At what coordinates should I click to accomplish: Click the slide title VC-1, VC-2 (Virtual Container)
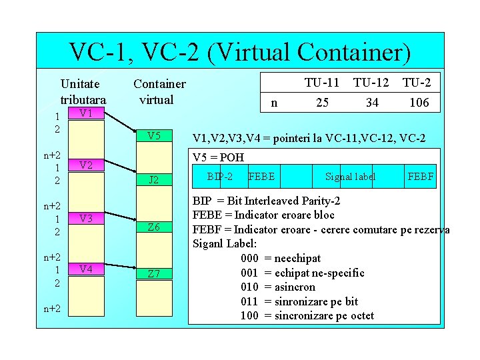click(240, 51)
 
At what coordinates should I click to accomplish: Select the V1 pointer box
click(85, 113)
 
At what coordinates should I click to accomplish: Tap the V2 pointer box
click(85, 165)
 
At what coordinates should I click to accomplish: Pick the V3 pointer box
click(85, 218)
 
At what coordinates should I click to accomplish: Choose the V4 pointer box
click(85, 269)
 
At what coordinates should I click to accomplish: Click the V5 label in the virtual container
click(153, 136)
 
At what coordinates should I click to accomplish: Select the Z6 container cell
click(153, 227)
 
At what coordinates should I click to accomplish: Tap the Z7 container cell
click(153, 274)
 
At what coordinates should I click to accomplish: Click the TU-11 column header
click(322, 83)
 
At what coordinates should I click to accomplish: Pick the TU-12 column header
click(371, 83)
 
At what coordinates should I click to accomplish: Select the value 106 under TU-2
click(419, 103)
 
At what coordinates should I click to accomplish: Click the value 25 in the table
click(322, 103)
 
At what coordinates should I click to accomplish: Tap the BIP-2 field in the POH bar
click(220, 177)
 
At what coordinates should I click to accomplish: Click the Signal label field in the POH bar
click(350, 177)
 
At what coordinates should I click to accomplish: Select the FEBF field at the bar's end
click(420, 177)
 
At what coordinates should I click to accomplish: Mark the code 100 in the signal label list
click(249, 315)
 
